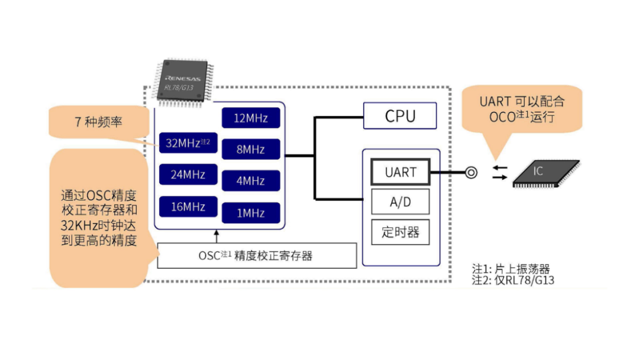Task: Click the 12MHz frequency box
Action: tap(250, 118)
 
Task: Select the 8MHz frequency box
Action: tap(250, 149)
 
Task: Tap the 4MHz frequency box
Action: tap(250, 181)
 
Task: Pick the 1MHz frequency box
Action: tap(250, 213)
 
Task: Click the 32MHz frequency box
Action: tap(185, 143)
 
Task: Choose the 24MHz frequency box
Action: tap(185, 175)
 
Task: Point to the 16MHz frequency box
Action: tap(185, 207)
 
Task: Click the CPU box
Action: tap(400, 116)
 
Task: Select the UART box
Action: tap(401, 172)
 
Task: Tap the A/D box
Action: tap(401, 202)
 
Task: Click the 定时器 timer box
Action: tap(401, 232)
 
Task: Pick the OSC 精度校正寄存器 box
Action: tap(257, 256)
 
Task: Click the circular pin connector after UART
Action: tap(471, 173)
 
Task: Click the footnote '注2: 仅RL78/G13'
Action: tap(512, 280)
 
